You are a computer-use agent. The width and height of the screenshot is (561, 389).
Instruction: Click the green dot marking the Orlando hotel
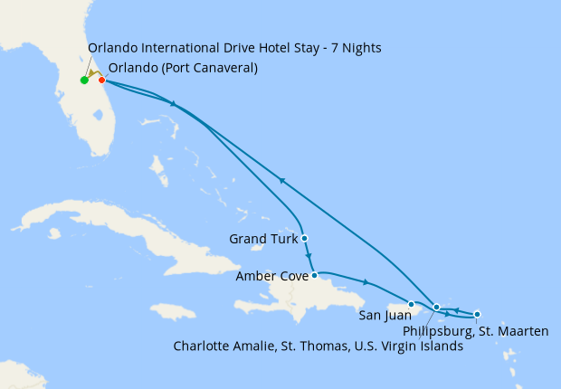click(x=84, y=81)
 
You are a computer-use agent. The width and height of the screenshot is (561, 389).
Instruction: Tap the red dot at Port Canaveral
click(x=101, y=80)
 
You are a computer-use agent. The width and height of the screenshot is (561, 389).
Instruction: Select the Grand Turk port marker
click(x=305, y=239)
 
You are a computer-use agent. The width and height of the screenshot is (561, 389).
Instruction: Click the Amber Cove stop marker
click(x=314, y=275)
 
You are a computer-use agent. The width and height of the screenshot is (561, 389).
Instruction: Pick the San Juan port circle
click(x=412, y=305)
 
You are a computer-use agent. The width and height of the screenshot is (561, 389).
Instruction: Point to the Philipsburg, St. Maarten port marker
click(x=478, y=314)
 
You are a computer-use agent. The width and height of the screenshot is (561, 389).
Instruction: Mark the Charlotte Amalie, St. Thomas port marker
click(x=437, y=308)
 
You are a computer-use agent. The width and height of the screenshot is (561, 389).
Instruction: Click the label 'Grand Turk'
click(x=262, y=240)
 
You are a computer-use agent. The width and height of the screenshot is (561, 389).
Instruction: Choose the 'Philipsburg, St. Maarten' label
click(x=475, y=332)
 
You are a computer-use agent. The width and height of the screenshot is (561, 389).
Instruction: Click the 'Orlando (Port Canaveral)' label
click(x=183, y=68)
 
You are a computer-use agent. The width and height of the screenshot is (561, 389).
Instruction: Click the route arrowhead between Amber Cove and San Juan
click(x=366, y=282)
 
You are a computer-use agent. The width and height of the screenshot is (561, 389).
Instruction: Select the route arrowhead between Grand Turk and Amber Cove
click(x=309, y=257)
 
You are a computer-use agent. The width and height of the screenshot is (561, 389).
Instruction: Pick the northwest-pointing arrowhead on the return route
click(x=282, y=181)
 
